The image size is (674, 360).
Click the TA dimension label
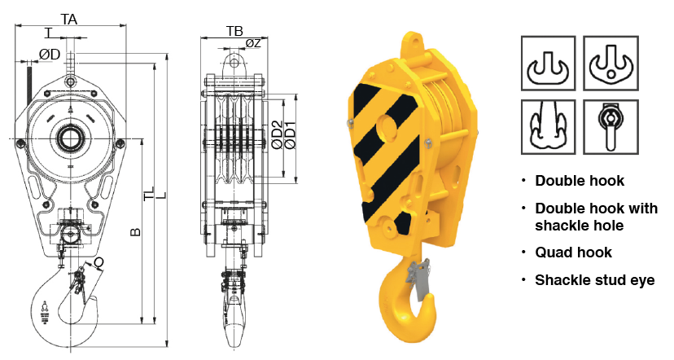pos(68,19)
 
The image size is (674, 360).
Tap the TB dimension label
pos(234,31)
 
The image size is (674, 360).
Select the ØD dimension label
pos(50,55)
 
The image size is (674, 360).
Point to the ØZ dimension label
pos(254,43)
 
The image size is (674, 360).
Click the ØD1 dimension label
pos(291,135)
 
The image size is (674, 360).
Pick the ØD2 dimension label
pos(278,135)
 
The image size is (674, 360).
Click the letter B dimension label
pos(135,232)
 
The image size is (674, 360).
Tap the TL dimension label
pos(149,194)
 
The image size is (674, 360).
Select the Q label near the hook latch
pos(98,263)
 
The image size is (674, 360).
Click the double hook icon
pos(548,64)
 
